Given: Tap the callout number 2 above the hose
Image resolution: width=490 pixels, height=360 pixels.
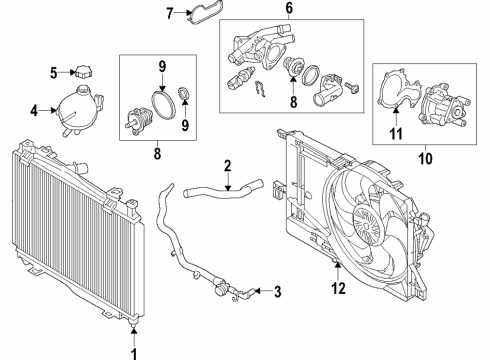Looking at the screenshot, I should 228,165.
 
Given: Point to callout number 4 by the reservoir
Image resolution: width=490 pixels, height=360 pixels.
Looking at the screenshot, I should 34,111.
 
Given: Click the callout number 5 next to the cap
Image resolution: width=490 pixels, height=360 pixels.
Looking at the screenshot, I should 54,71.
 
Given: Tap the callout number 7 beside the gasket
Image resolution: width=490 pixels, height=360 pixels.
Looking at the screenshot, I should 169,13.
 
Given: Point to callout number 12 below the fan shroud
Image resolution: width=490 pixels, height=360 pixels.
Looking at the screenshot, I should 337,290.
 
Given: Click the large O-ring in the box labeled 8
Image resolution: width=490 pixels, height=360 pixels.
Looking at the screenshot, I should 157,105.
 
